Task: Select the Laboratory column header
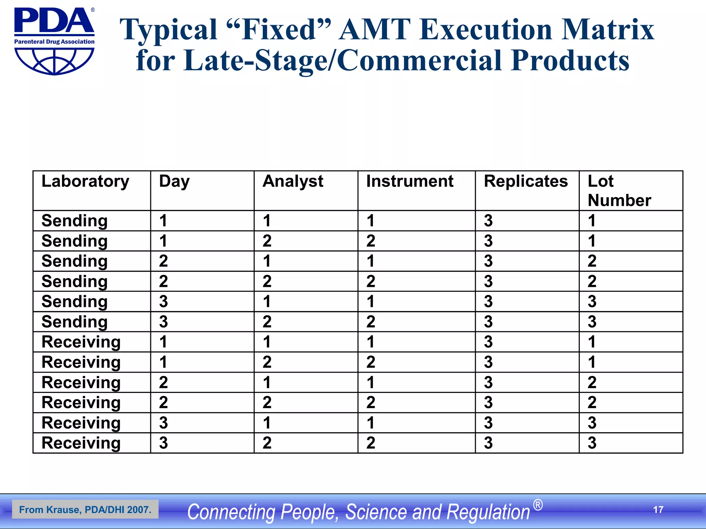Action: point(85,181)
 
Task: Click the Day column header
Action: point(174,181)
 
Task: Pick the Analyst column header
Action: point(293,181)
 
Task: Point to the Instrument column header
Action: point(410,181)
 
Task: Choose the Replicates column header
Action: point(526,181)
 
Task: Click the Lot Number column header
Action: point(619,190)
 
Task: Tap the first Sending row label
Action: point(74,221)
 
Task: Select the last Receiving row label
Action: point(81,443)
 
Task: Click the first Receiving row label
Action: point(81,342)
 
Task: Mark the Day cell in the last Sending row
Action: point(163,322)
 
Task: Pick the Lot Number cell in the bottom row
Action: point(592,443)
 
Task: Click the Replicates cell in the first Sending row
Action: point(488,221)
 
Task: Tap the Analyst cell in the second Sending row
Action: point(267,241)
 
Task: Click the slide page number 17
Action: point(658,510)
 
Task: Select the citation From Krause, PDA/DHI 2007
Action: point(85,510)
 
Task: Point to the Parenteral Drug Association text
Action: point(54,42)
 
